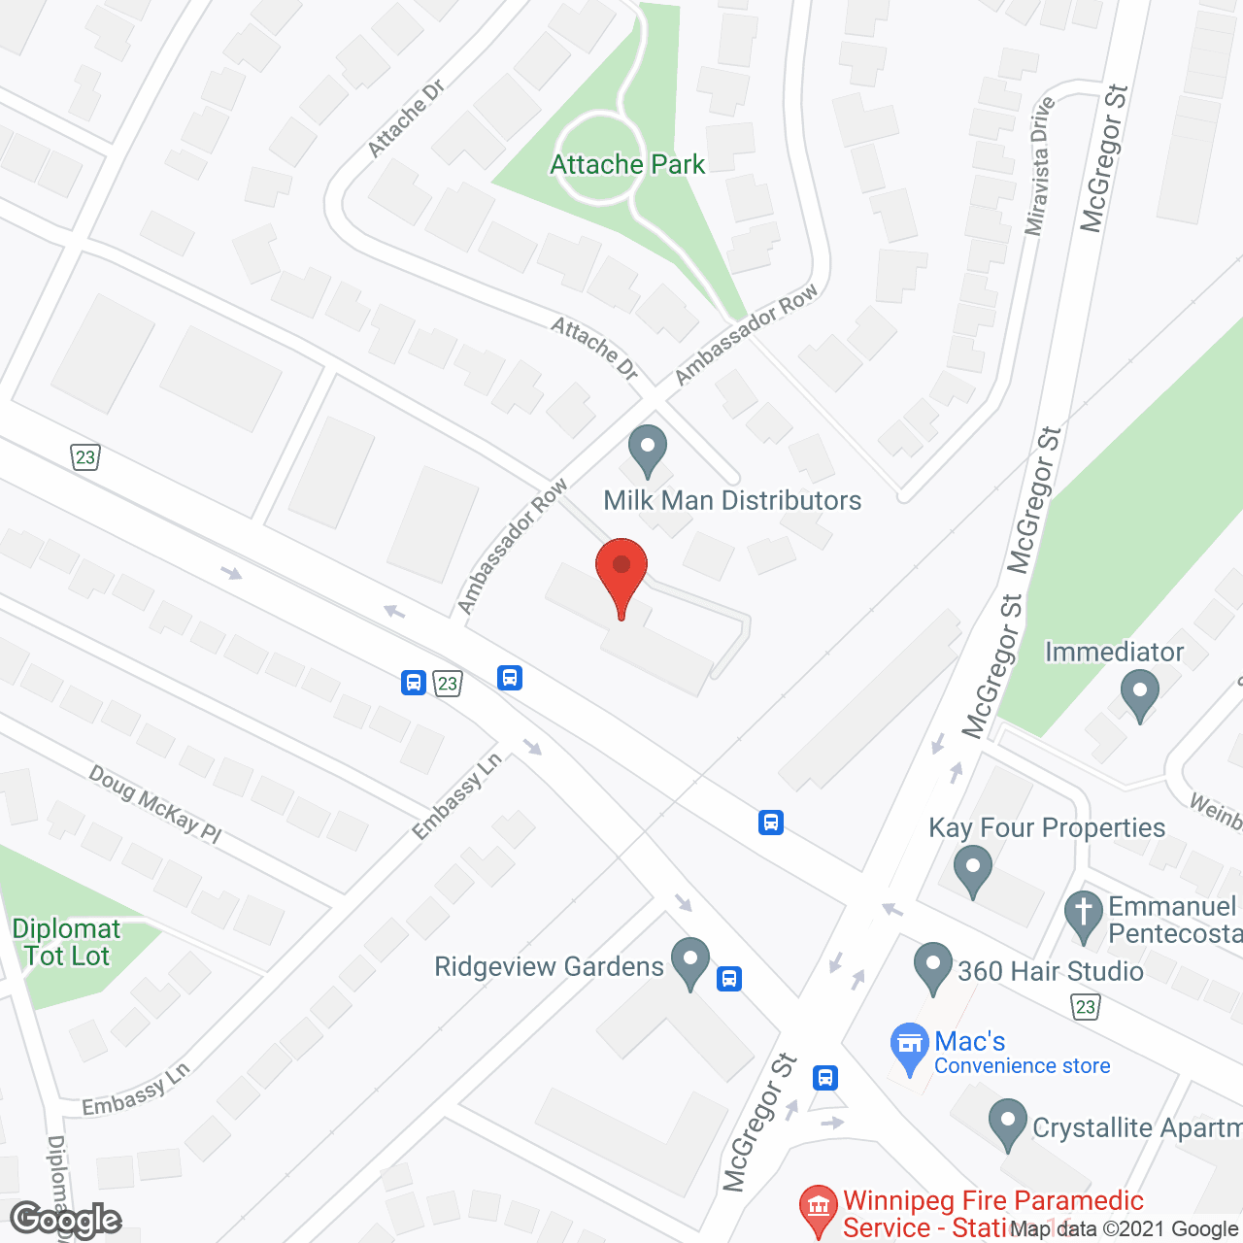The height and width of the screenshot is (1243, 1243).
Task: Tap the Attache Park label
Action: pos(627,165)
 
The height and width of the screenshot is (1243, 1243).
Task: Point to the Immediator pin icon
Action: pos(1140,695)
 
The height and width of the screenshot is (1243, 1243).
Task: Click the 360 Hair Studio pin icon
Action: pos(933,967)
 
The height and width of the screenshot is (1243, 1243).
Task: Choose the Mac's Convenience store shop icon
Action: pos(910,1047)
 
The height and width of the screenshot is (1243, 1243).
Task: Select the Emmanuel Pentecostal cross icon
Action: pos(1084,915)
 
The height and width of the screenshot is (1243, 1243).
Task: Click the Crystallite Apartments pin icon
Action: pos(1008,1123)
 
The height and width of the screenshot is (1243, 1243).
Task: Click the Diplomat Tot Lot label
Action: pos(66,942)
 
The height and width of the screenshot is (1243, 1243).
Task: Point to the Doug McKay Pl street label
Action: pos(155,804)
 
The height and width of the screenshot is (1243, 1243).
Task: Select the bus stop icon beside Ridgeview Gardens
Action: pos(729,979)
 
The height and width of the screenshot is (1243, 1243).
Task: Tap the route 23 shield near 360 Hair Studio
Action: pos(1086,1007)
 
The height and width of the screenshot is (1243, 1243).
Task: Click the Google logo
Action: pos(66,1220)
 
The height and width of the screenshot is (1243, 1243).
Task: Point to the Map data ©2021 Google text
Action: pos(1124,1229)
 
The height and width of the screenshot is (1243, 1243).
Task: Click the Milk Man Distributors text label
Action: pos(732,501)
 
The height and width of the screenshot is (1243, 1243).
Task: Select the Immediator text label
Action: pos(1114,652)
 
